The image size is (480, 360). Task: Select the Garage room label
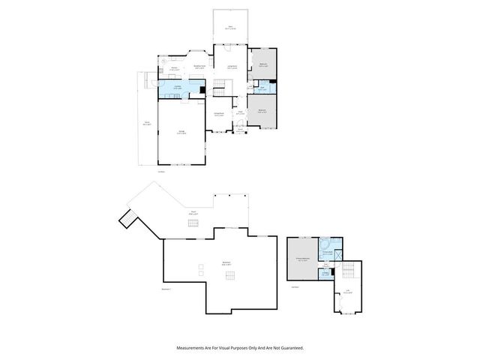point(181,132)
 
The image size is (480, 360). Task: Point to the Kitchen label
point(173,68)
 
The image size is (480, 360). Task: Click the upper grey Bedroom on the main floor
point(262,64)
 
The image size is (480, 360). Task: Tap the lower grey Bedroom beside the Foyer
point(262,110)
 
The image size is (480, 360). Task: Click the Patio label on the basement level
point(193,214)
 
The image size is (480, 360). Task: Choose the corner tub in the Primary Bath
point(323,244)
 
